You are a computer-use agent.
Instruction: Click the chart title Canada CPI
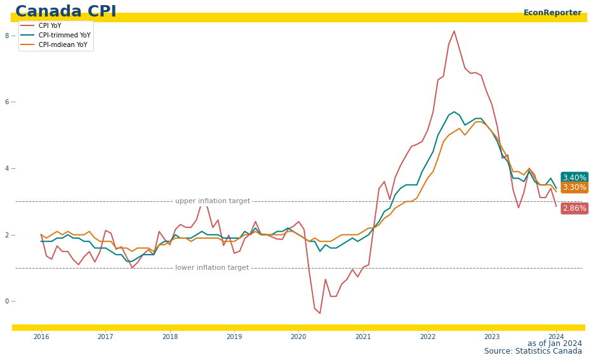65,11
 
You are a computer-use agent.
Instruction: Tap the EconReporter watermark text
552,13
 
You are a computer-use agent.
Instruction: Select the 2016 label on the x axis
41,337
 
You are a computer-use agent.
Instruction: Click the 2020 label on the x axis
298,337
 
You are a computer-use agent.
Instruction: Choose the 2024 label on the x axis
556,337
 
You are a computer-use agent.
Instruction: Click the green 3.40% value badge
574,178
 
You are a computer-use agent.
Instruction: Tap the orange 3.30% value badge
574,187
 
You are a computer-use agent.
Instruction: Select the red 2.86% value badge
574,208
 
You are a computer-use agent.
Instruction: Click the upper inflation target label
213,201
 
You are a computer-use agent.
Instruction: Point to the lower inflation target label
212,268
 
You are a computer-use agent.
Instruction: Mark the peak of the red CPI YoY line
454,31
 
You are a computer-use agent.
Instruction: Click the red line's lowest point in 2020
320,313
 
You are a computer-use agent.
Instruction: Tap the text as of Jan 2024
554,343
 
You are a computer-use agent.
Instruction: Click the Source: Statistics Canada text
533,351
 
